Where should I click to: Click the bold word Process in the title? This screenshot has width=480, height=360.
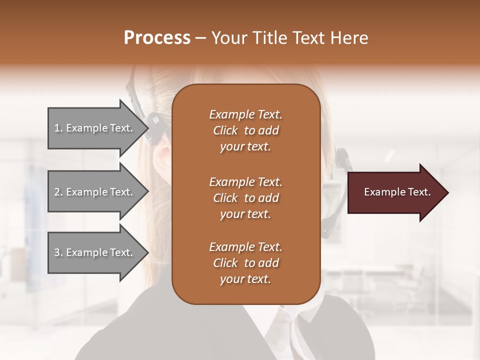157,38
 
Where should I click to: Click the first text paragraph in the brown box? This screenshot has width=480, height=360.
245,130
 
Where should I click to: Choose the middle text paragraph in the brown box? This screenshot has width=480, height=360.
245,197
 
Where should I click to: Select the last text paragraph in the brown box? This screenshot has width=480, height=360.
245,263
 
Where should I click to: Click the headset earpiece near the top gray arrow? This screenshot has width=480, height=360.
154,122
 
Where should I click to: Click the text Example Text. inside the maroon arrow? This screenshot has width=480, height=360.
397,192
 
